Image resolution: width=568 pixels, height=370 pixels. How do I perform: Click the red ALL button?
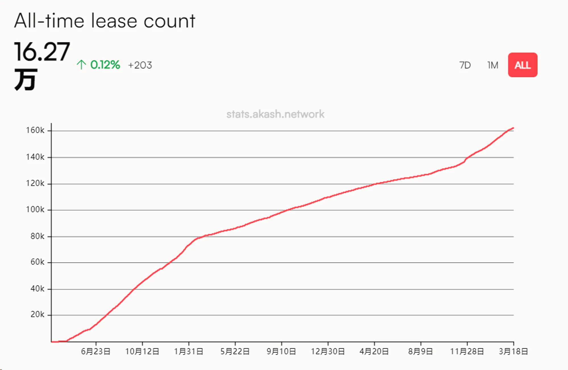coord(523,65)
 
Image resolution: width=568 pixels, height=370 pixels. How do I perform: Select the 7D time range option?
coord(465,65)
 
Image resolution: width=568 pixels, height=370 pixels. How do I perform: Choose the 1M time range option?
coord(493,65)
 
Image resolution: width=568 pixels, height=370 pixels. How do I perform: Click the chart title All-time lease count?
coord(105,21)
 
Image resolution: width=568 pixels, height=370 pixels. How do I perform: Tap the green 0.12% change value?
coord(105,65)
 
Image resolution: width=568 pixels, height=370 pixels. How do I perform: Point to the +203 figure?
coord(140,65)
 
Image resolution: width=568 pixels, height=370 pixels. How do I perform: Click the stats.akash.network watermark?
coord(275,114)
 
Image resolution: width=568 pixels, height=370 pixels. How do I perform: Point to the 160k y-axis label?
coord(35,130)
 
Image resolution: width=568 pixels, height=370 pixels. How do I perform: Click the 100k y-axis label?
coord(35,210)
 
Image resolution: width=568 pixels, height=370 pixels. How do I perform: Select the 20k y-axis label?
coord(37,314)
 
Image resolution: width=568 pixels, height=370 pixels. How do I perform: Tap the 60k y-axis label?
coord(37,262)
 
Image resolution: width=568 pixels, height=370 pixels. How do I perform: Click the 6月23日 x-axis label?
coord(96,352)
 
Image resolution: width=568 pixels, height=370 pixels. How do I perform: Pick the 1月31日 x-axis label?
coord(189,352)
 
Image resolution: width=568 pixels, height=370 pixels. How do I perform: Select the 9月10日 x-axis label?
coord(281,352)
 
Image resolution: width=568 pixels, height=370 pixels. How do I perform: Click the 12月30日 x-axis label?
coord(328,352)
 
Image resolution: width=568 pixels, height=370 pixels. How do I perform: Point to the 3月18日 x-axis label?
coord(513,352)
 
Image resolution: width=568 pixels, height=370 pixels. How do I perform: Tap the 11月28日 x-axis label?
coord(467,352)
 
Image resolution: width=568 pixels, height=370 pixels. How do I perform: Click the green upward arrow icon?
coord(81,65)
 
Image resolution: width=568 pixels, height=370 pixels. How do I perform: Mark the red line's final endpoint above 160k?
coord(513,128)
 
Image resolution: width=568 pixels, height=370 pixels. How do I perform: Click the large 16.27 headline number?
coord(42,52)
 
